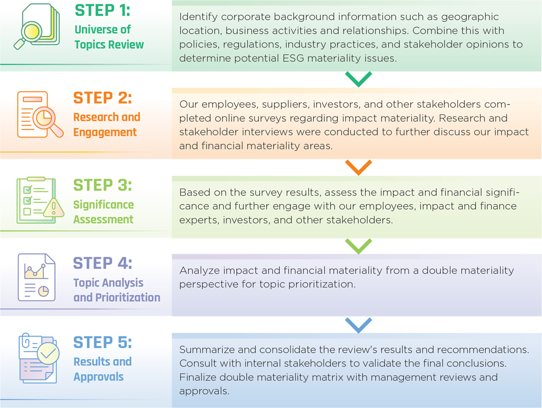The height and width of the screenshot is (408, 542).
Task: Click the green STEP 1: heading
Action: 102,10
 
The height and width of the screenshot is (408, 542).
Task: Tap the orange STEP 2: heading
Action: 102,98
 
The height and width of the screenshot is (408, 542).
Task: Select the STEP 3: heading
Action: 102,185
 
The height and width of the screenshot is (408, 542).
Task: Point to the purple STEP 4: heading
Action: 102,263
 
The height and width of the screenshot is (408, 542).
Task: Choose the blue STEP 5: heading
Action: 102,342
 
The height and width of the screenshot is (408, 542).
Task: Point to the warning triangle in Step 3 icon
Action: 54,208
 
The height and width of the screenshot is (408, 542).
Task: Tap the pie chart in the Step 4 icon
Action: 43,291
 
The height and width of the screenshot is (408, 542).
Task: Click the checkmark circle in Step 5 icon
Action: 48,353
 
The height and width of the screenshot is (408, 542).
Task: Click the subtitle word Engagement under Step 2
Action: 105,133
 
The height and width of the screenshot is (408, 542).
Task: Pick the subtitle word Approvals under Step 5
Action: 99,377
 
